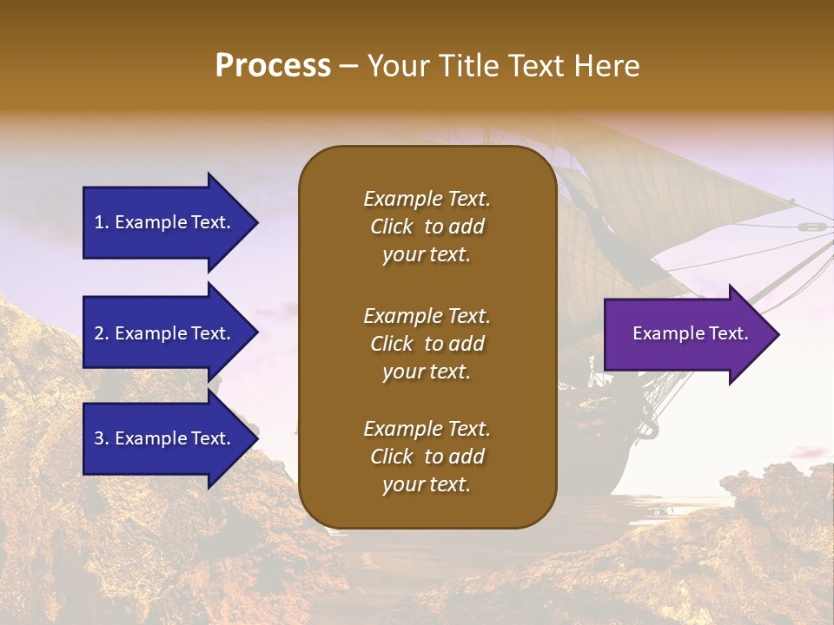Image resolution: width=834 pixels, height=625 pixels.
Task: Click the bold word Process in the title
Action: pos(273,66)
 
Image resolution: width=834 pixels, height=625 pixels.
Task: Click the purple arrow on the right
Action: pos(686,334)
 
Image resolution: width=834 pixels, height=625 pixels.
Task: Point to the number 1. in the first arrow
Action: pos(102,222)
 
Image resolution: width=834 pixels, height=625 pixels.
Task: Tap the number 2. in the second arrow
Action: pos(102,333)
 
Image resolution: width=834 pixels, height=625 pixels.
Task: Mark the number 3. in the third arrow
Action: pos(102,438)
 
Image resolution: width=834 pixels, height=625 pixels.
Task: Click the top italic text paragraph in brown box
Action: pos(427,227)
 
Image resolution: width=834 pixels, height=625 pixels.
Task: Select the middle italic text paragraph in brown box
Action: pos(427,344)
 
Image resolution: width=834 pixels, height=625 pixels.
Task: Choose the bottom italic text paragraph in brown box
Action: pos(427,457)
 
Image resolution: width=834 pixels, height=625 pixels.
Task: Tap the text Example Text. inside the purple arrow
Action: pos(691,333)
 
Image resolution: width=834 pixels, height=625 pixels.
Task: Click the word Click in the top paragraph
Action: pos(392,227)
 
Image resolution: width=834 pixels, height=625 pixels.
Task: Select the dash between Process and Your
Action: pos(349,67)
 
